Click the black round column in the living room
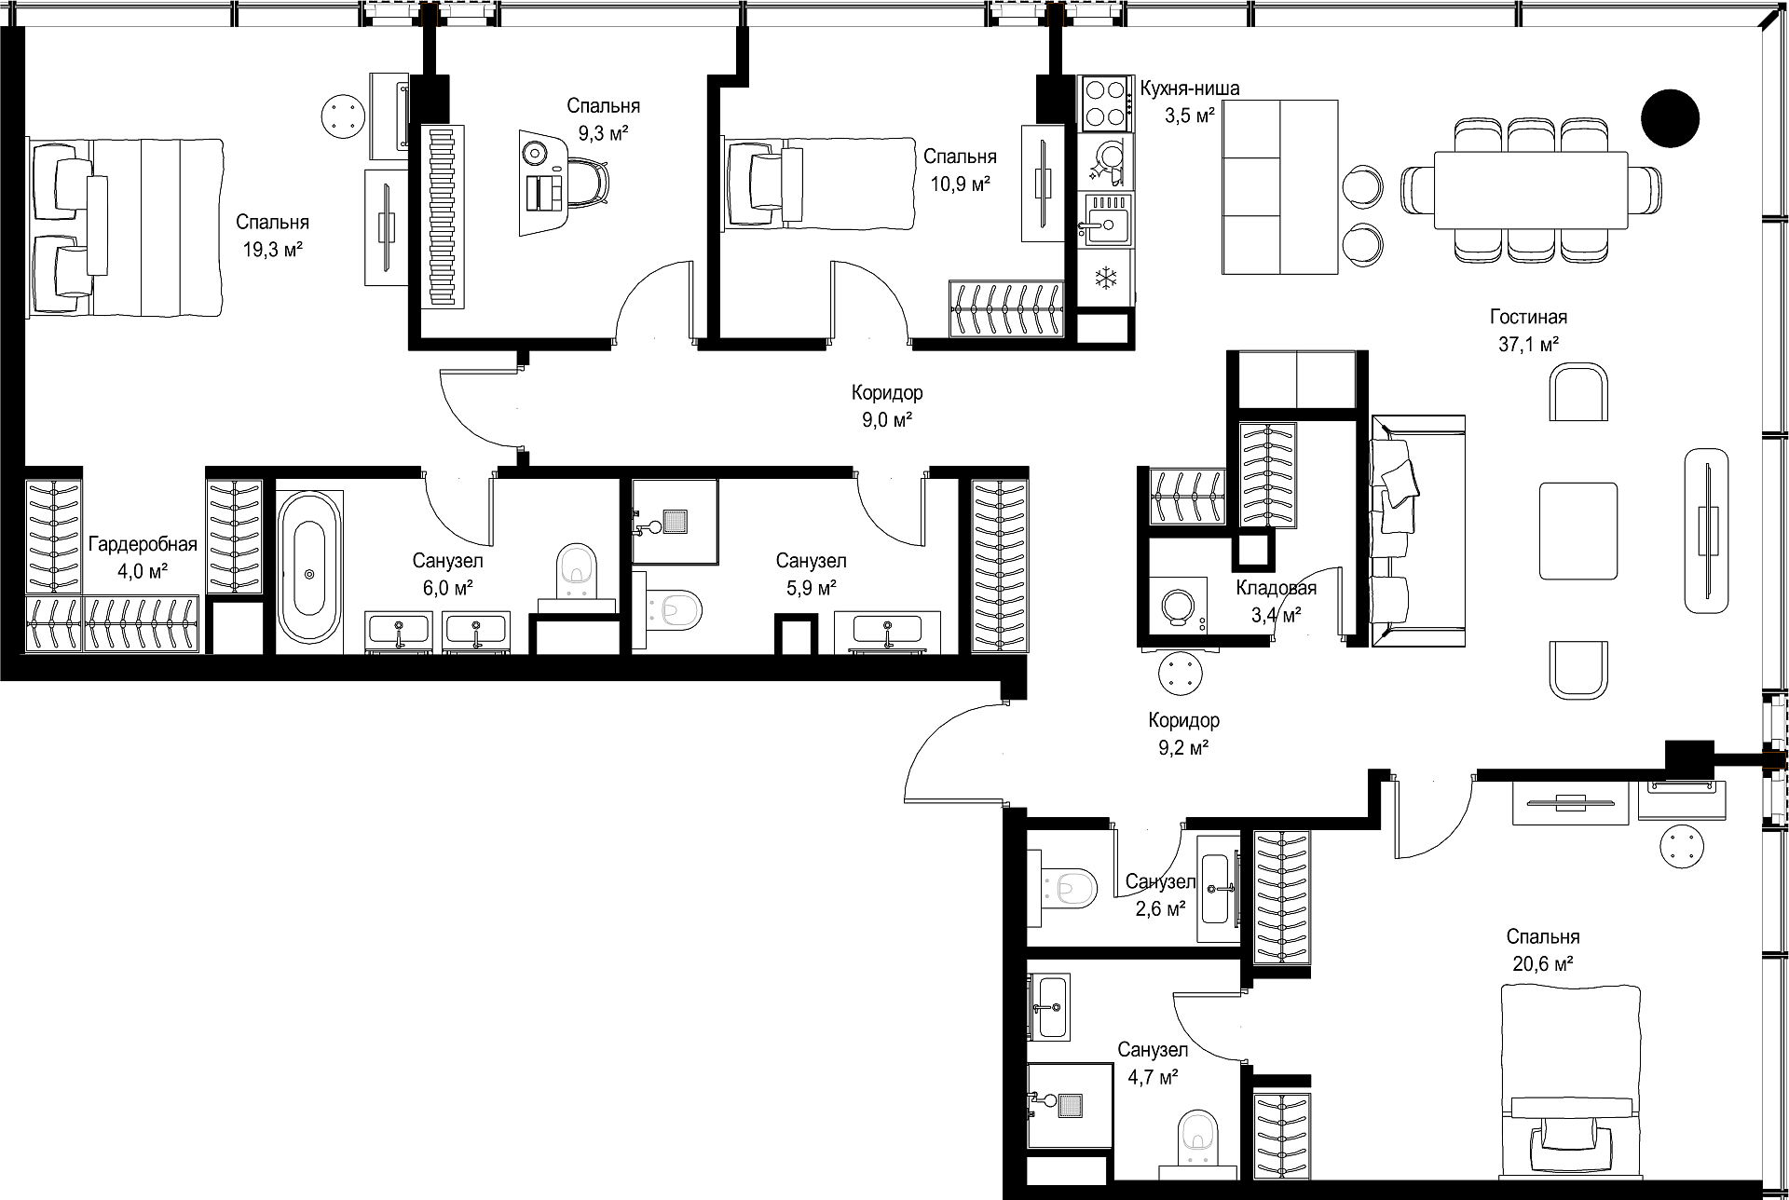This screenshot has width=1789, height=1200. pyautogui.click(x=1670, y=118)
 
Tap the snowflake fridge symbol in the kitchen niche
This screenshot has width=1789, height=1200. pyautogui.click(x=1106, y=277)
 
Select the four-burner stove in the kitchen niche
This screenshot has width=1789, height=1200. pyautogui.click(x=1105, y=102)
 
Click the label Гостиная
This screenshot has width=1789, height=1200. pyautogui.click(x=1528, y=317)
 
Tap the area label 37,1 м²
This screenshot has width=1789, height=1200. pyautogui.click(x=1529, y=344)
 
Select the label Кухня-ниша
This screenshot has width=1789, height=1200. pyautogui.click(x=1190, y=89)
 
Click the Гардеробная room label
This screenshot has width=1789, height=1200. pyautogui.click(x=143, y=545)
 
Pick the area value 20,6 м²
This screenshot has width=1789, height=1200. pyautogui.click(x=1543, y=963)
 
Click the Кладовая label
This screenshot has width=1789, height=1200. pyautogui.click(x=1276, y=588)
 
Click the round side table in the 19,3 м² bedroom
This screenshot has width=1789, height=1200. pyautogui.click(x=345, y=117)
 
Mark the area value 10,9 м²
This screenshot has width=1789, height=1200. pyautogui.click(x=961, y=184)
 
